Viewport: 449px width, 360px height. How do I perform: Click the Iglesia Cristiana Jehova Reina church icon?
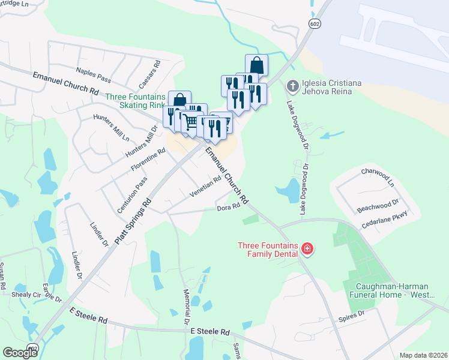click(292, 86)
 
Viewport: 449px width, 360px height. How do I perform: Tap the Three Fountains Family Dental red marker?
click(307, 248)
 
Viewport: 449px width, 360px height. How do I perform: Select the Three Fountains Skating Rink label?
click(136, 101)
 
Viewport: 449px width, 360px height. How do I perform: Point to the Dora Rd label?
click(228, 208)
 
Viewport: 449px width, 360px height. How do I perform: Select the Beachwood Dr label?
click(378, 205)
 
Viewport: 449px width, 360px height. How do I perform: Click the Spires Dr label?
click(352, 314)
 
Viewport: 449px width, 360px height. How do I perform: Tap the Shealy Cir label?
click(26, 295)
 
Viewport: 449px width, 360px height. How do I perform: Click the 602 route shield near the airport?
click(315, 23)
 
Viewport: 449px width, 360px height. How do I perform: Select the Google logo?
click(20, 353)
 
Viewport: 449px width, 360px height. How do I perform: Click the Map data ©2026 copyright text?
click(423, 355)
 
